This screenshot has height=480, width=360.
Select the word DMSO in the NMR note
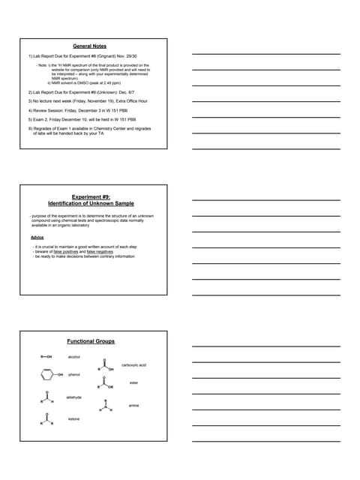(x=95, y=82)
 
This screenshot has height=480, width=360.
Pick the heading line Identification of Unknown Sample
(x=91, y=203)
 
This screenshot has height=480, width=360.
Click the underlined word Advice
(x=37, y=237)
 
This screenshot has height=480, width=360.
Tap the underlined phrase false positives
(x=66, y=251)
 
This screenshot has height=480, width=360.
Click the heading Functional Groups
(x=91, y=341)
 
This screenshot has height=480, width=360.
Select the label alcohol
(x=73, y=357)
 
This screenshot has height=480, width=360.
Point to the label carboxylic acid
(x=133, y=365)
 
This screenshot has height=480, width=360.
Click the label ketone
(x=73, y=418)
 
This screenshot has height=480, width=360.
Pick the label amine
(x=133, y=405)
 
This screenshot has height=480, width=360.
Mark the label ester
(x=133, y=383)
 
